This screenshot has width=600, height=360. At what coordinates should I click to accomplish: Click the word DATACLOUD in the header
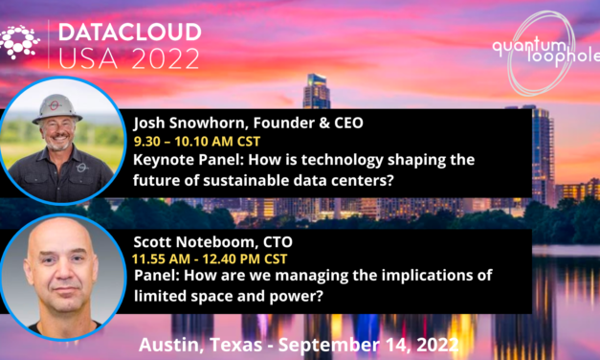pos(130,32)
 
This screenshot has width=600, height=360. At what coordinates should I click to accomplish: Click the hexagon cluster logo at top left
pos(22,44)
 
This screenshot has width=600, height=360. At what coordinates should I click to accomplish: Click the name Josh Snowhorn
pos(184,124)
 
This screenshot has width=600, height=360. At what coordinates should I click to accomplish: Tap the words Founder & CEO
pos(292,124)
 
